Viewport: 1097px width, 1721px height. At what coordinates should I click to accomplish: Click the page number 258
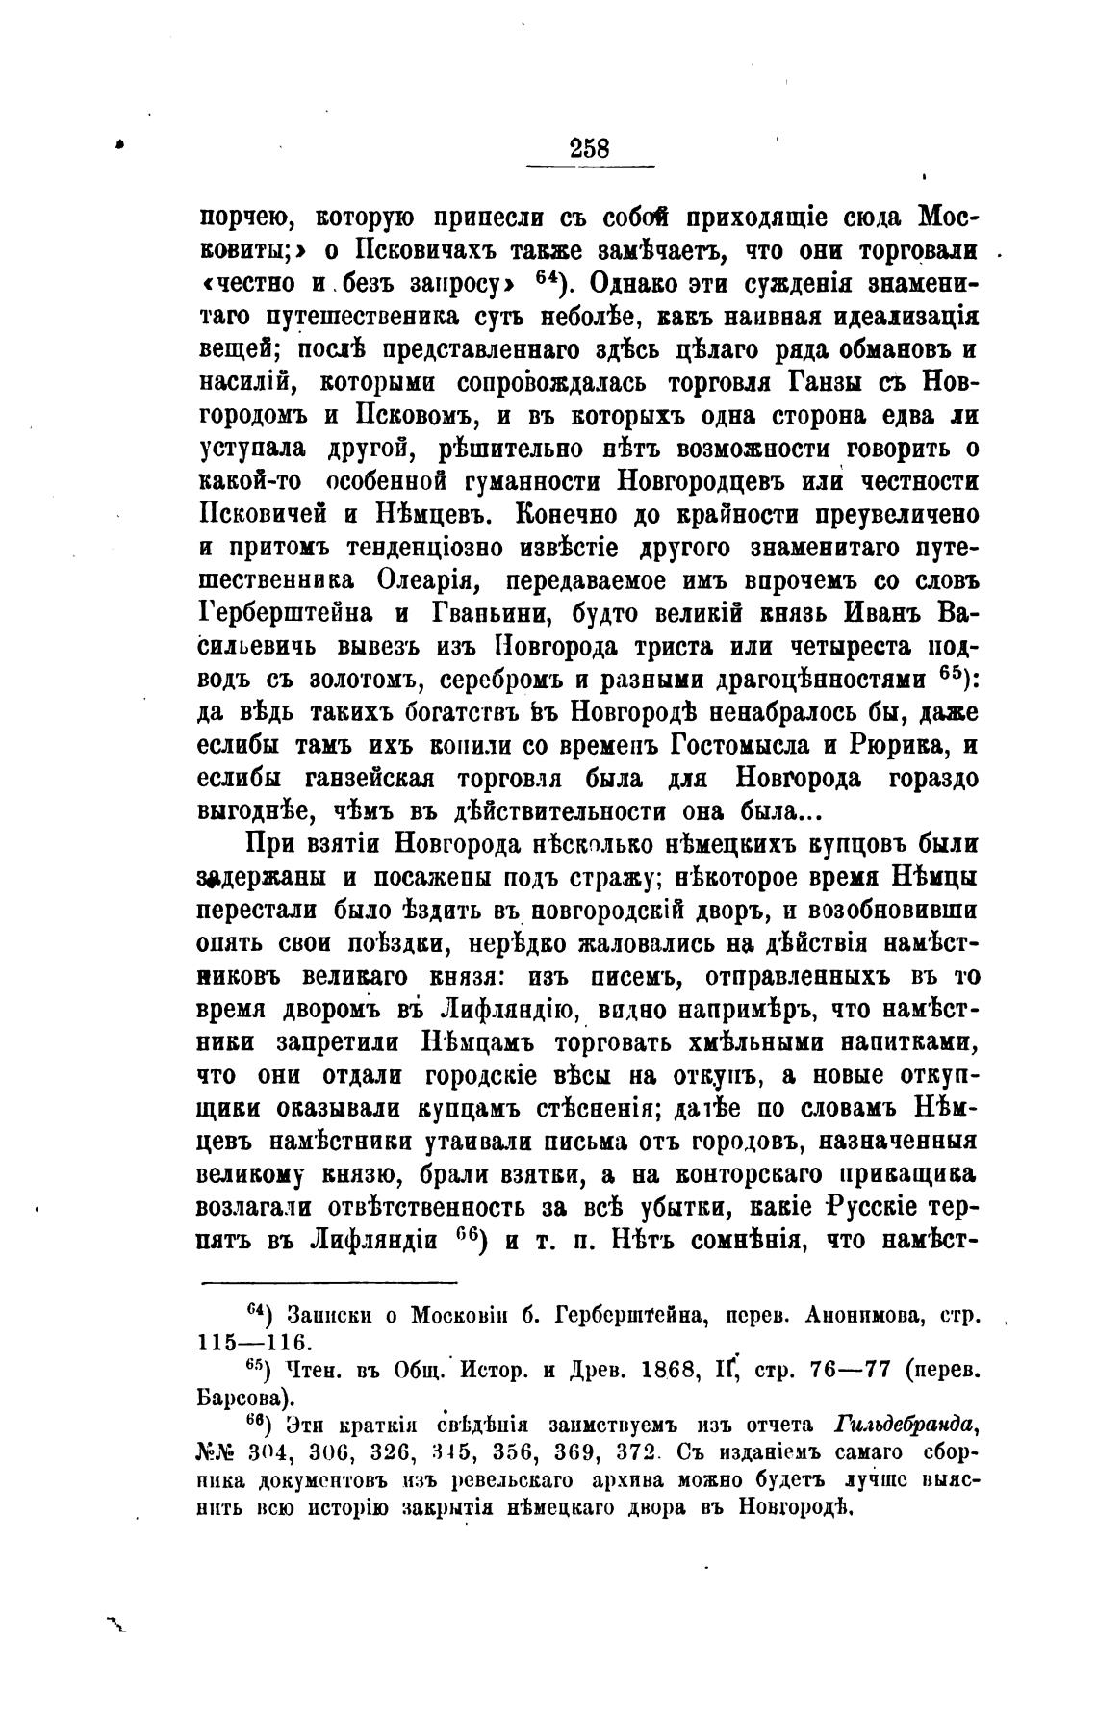pyautogui.click(x=590, y=148)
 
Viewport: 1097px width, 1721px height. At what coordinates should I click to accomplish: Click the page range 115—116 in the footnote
pyautogui.click(x=252, y=1342)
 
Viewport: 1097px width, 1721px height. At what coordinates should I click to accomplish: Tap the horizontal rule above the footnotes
pyautogui.click(x=328, y=1281)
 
